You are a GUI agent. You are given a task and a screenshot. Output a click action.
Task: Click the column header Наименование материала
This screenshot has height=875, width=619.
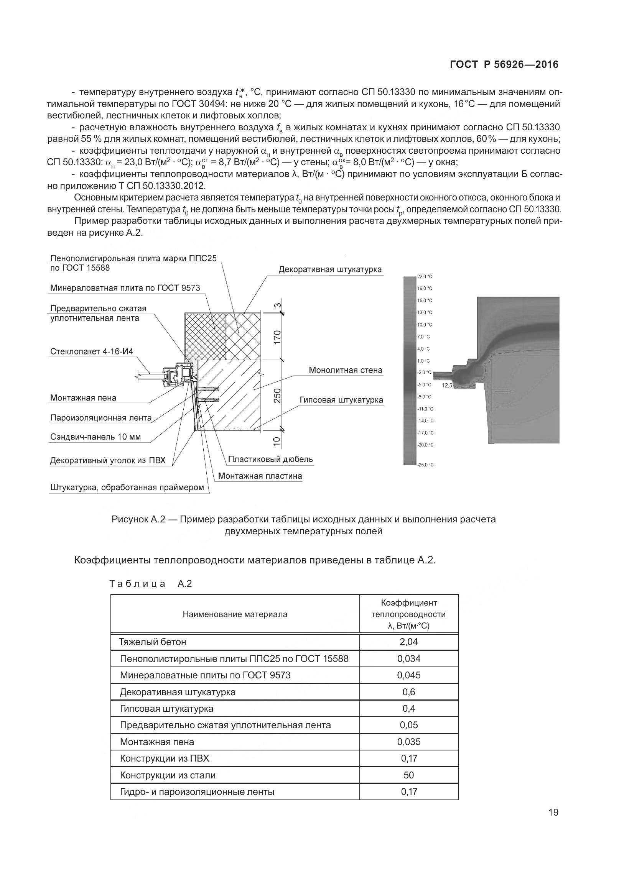click(235, 614)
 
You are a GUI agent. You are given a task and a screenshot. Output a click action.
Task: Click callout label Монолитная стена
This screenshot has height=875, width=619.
click(345, 370)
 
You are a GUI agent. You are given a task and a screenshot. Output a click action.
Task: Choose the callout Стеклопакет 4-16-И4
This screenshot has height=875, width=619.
click(92, 351)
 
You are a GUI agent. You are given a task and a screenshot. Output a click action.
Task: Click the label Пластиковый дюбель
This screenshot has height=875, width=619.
click(270, 459)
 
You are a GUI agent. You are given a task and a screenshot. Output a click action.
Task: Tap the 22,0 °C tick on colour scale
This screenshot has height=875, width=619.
click(425, 276)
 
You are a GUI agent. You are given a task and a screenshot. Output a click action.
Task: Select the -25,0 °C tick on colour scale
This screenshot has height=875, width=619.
click(425, 465)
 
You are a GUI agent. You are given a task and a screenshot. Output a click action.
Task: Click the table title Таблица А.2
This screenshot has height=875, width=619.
click(150, 584)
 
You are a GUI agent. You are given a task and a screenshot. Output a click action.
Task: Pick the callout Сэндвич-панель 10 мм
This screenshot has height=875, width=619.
click(95, 437)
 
